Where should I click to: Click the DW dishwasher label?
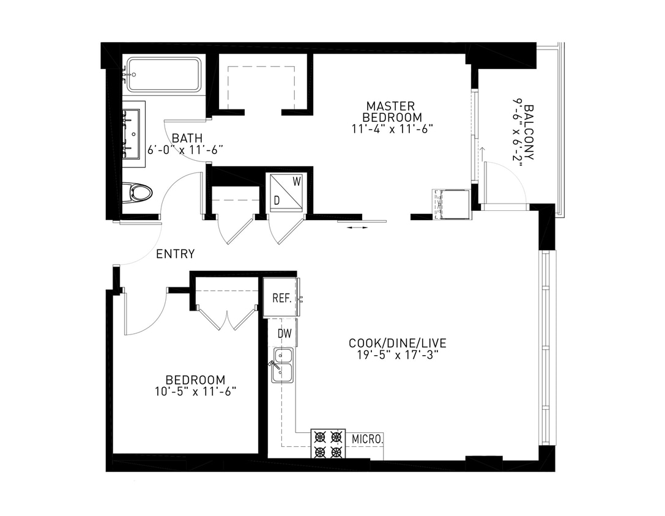[284, 333]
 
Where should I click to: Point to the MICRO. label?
[368, 439]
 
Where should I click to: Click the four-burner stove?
[327, 444]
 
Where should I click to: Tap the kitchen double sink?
[282, 365]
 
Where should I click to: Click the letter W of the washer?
[296, 181]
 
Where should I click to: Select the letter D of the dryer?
[277, 200]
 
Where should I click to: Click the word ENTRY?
[176, 254]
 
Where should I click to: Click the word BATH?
[184, 138]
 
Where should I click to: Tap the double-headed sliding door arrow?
[357, 228]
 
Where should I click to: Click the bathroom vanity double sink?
[132, 133]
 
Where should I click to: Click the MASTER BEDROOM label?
[392, 111]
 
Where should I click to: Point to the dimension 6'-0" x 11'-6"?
[185, 149]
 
